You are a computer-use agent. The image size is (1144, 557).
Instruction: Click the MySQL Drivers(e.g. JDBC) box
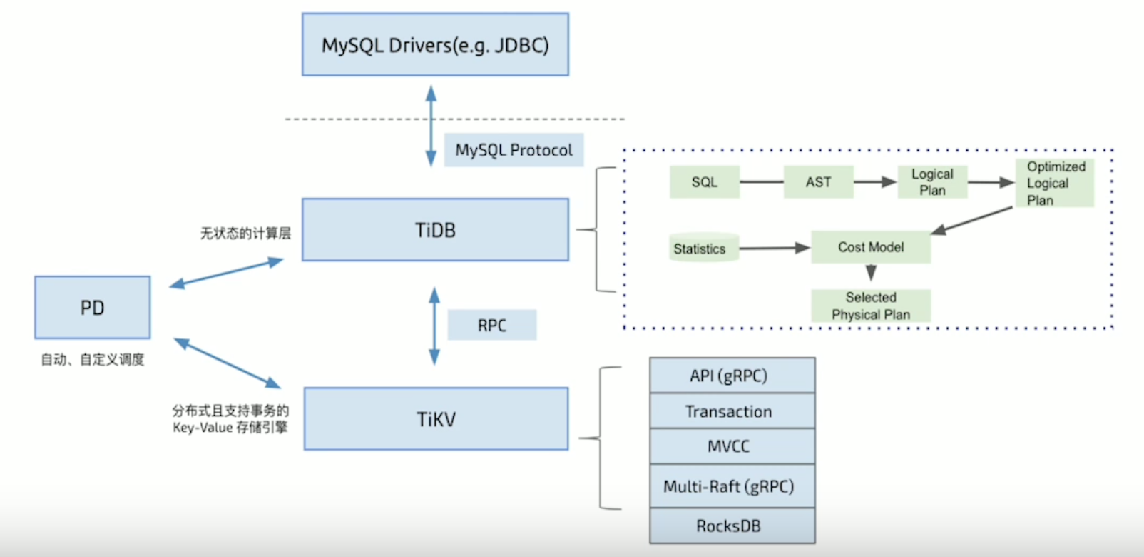pyautogui.click(x=435, y=44)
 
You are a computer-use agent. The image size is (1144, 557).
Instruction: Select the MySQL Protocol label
pyautogui.click(x=514, y=150)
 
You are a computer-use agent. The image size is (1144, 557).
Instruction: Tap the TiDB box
pyautogui.click(x=435, y=230)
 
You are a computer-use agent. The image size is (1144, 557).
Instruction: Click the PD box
pyautogui.click(x=93, y=308)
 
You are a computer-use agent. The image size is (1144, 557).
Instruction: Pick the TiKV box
pyautogui.click(x=436, y=419)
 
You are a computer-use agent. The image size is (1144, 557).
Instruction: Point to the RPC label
pyautogui.click(x=492, y=326)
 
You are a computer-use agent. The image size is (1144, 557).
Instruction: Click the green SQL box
pyautogui.click(x=705, y=182)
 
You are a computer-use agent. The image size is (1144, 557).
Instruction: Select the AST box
pyautogui.click(x=818, y=182)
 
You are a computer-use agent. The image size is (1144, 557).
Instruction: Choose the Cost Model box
pyautogui.click(x=871, y=247)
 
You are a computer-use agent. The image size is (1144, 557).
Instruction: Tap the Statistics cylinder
pyautogui.click(x=703, y=248)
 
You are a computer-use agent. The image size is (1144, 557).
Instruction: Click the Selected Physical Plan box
pyautogui.click(x=871, y=306)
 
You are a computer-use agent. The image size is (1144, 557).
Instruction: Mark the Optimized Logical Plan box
pyautogui.click(x=1055, y=184)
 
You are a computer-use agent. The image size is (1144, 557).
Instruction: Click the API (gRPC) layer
pyautogui.click(x=732, y=376)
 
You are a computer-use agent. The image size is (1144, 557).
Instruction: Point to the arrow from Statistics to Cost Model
pyautogui.click(x=774, y=249)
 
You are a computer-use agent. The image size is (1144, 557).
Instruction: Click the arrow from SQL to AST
pyautogui.click(x=761, y=182)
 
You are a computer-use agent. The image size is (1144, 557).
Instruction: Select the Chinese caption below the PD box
pyautogui.click(x=93, y=360)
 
